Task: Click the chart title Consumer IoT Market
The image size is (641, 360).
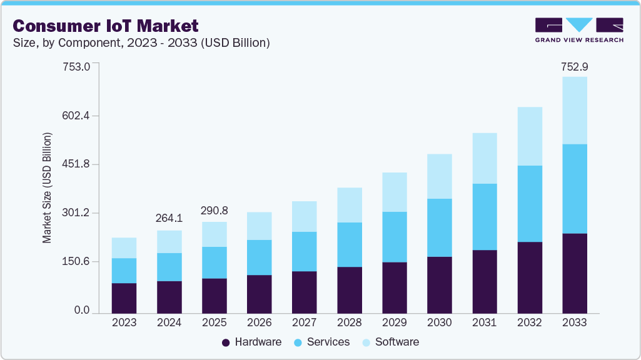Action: tap(106, 26)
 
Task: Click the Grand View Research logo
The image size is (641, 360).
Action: tap(579, 29)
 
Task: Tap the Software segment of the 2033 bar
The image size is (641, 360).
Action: tap(574, 110)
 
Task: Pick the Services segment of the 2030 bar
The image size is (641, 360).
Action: tap(439, 227)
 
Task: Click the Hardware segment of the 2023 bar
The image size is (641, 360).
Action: tap(124, 297)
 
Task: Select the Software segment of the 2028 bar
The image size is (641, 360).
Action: tap(349, 205)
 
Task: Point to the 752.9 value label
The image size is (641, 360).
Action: tap(574, 67)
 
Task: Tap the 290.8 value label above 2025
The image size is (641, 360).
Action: tap(214, 211)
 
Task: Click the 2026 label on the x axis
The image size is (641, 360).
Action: tap(259, 323)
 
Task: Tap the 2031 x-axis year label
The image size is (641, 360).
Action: tap(484, 323)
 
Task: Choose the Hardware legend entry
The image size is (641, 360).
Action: tap(251, 342)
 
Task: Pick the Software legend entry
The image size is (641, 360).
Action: tap(390, 342)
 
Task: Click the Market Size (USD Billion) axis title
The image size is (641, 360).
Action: tap(47, 187)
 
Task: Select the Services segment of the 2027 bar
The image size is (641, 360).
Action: tap(304, 251)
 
